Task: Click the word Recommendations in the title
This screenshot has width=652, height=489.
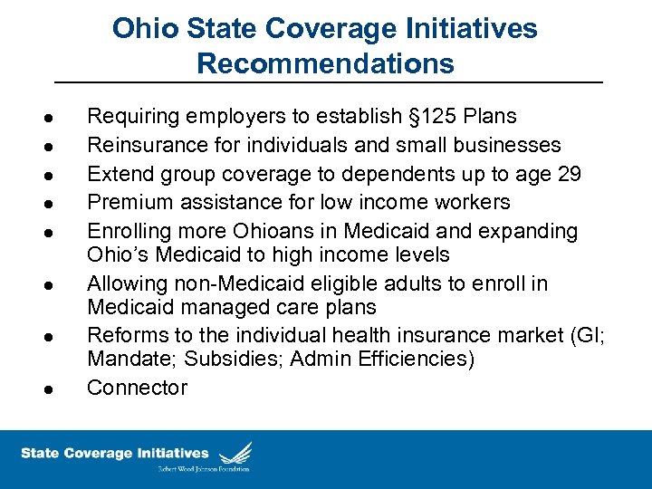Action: click(325, 63)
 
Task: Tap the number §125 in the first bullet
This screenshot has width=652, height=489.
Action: click(434, 117)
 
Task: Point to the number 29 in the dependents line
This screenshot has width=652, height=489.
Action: click(570, 174)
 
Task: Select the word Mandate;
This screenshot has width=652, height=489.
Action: click(132, 359)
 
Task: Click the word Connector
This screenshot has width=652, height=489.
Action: click(137, 388)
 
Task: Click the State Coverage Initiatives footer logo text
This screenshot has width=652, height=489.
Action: click(115, 453)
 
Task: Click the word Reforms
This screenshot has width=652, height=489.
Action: click(125, 335)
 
